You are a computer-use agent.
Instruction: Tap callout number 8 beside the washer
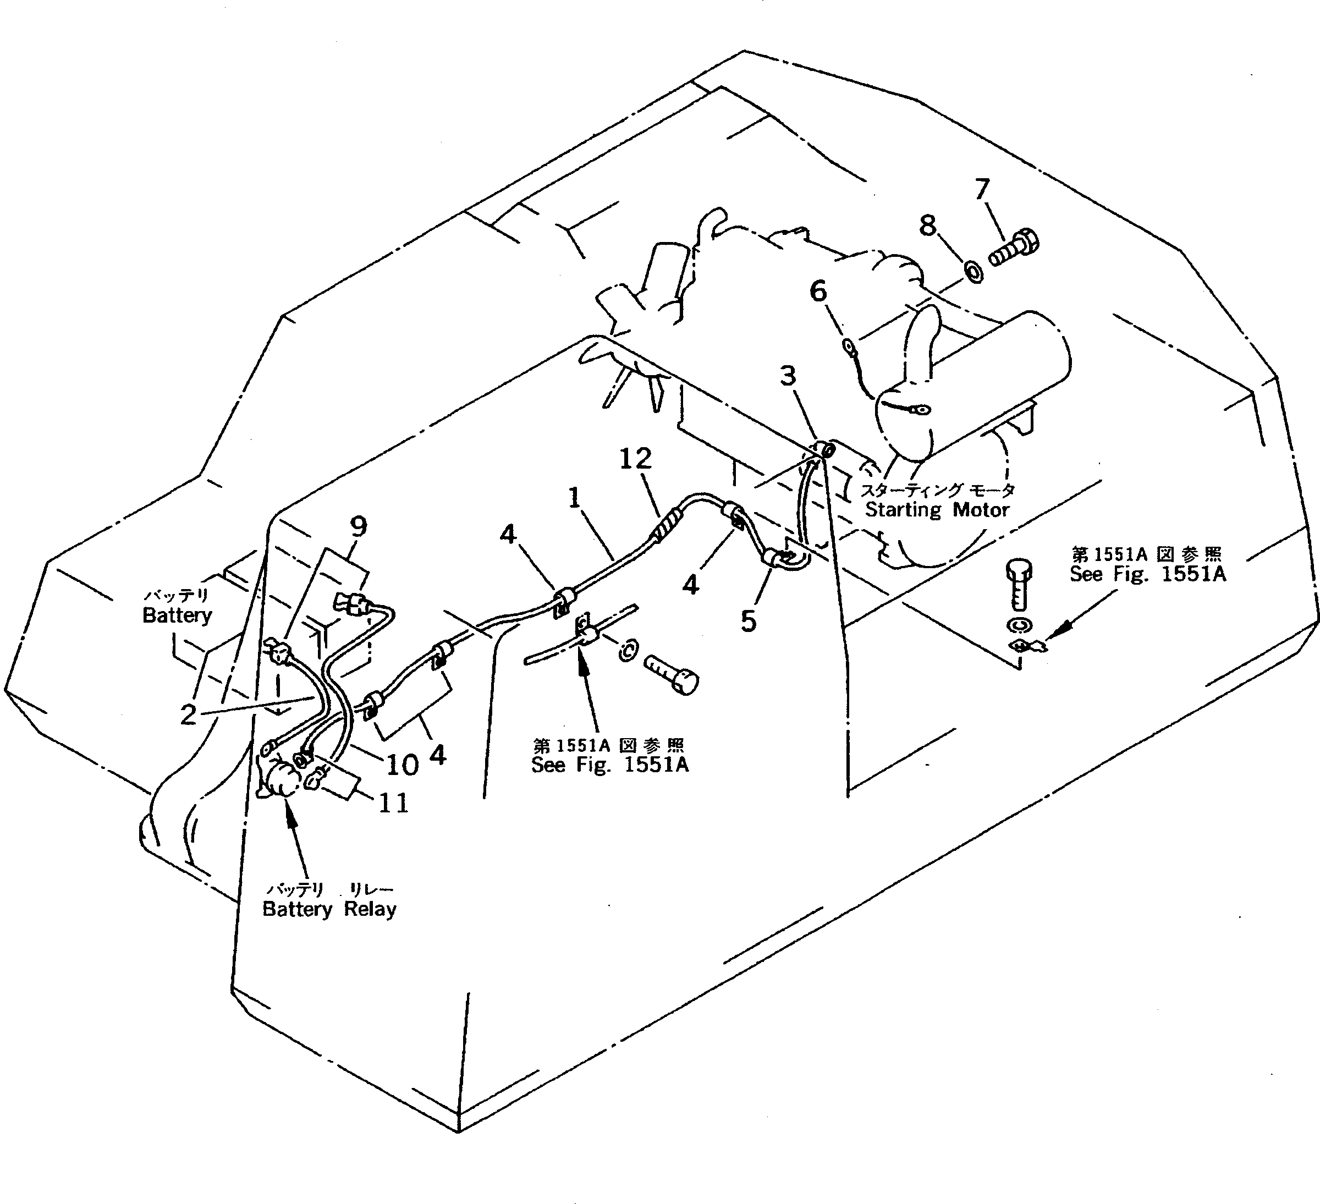tap(927, 226)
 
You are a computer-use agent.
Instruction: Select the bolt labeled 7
tap(1014, 251)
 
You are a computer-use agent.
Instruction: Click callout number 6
tap(818, 292)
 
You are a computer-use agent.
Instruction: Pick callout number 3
tap(788, 376)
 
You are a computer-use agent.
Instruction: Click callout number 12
tap(635, 459)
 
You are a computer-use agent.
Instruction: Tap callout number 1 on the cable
tap(574, 498)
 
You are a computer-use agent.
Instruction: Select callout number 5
tap(749, 620)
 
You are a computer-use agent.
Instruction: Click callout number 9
tap(358, 526)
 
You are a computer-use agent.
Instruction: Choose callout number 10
tap(402, 764)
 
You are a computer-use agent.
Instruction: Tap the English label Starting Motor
tap(937, 510)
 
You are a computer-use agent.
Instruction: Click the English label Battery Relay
tap(329, 909)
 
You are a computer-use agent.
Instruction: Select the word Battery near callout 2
tap(177, 615)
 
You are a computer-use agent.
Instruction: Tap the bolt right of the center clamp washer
tap(672, 674)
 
